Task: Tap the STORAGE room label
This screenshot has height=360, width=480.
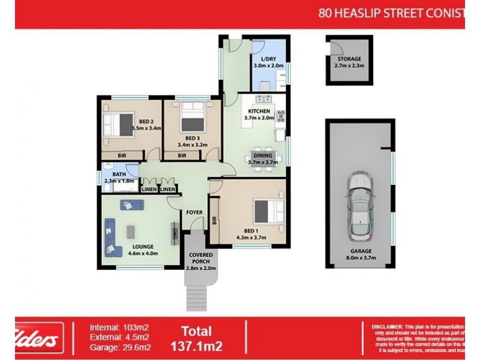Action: click(x=349, y=59)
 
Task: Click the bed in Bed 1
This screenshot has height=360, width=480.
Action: click(x=269, y=212)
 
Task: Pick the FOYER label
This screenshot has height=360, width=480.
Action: click(x=193, y=212)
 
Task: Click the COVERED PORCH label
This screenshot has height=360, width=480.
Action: click(x=201, y=259)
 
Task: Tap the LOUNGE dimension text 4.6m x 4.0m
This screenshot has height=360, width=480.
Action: click(x=143, y=253)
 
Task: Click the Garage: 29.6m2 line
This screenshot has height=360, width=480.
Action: click(x=120, y=347)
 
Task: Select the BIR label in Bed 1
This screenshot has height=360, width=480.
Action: click(x=214, y=221)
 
